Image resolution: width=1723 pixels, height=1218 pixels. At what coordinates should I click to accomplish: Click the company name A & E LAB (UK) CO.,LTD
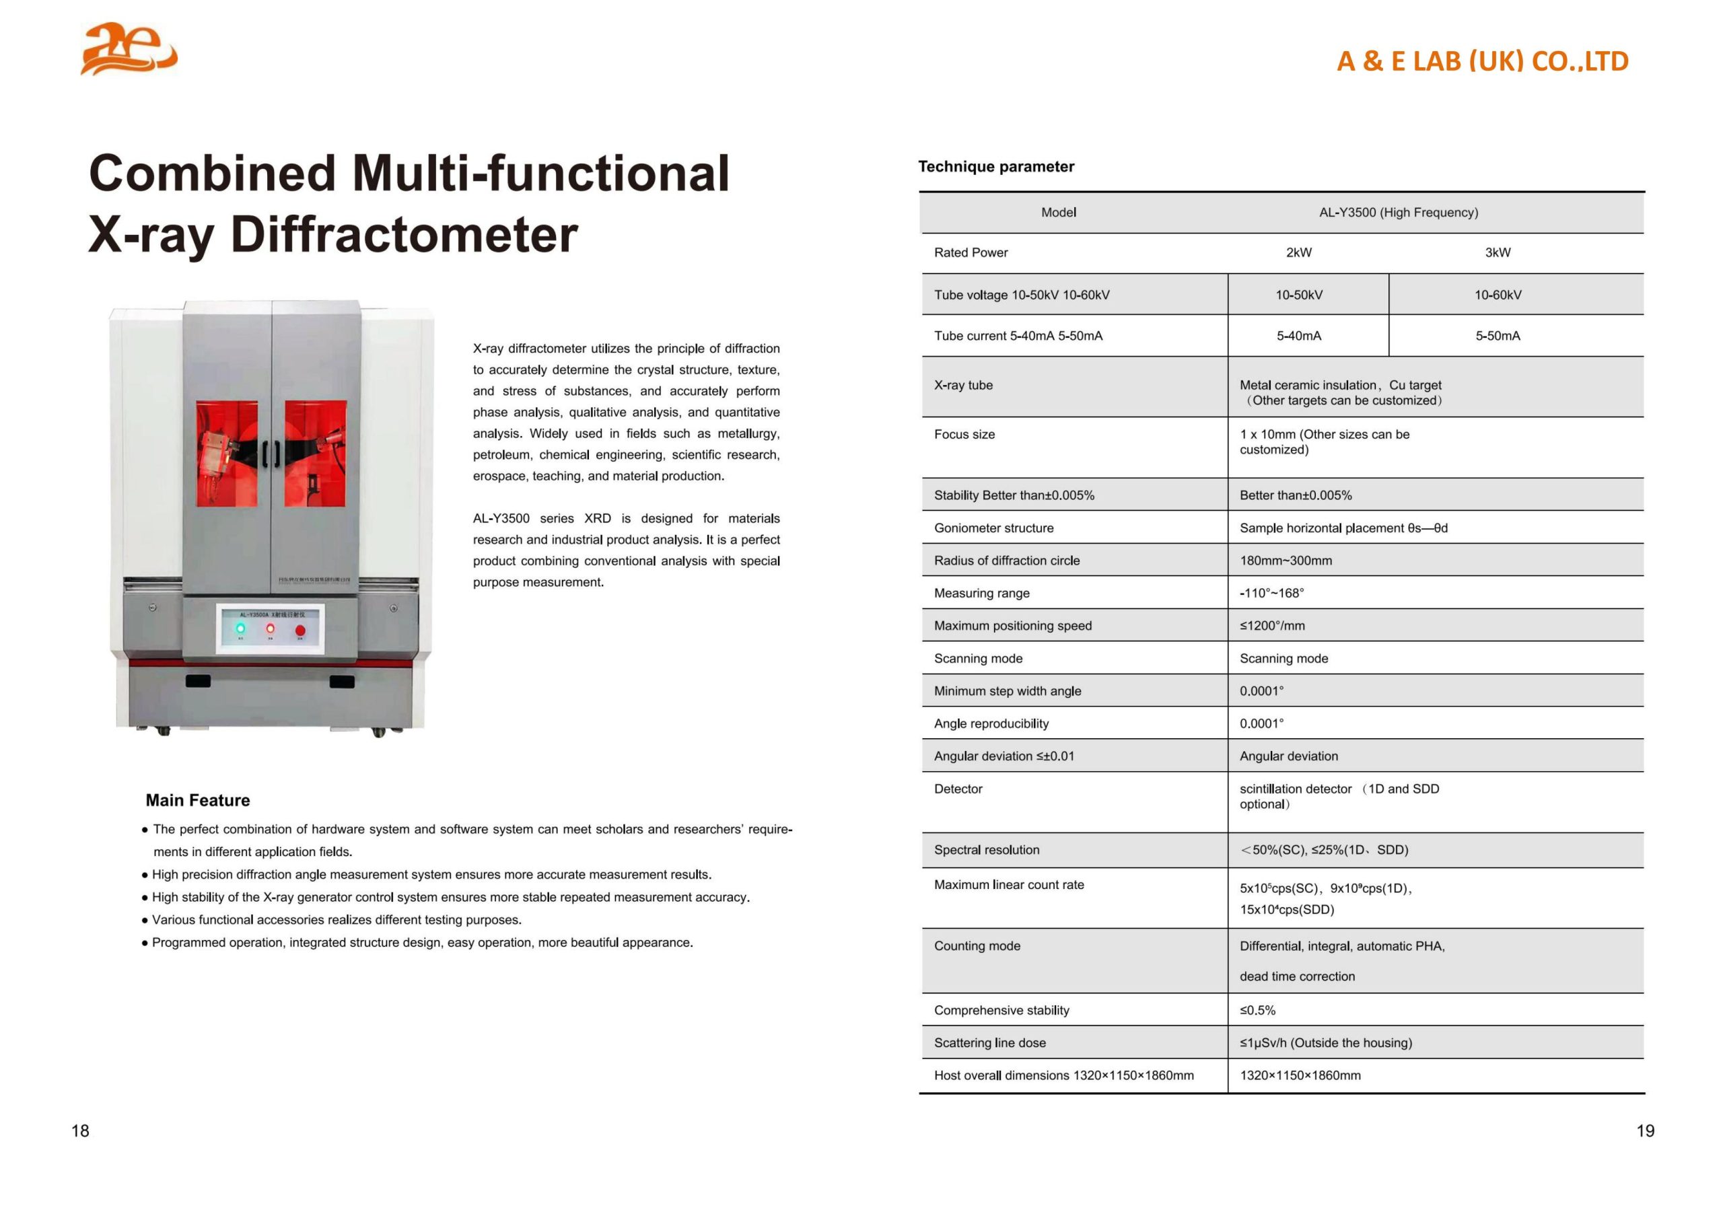tap(1482, 61)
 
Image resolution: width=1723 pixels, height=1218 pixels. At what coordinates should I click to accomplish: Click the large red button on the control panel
tap(300, 631)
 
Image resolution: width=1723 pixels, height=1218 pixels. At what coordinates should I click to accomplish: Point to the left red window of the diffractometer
tap(227, 454)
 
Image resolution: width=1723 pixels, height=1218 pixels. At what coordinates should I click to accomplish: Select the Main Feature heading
tap(197, 800)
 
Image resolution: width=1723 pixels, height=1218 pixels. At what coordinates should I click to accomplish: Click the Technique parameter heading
tap(996, 167)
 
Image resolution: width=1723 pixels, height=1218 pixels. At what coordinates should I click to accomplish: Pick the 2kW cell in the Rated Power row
tap(1298, 253)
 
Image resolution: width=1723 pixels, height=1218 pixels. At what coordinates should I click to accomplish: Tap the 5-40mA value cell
tap(1298, 336)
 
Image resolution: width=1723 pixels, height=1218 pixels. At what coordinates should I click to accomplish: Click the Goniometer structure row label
tap(993, 528)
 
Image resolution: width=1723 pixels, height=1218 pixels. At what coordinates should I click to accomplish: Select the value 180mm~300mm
tap(1286, 561)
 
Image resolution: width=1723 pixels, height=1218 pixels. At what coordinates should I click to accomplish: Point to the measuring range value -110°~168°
tap(1271, 593)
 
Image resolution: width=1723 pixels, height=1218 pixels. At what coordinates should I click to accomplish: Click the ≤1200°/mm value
tap(1272, 626)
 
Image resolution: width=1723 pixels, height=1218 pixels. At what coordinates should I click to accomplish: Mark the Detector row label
tap(958, 789)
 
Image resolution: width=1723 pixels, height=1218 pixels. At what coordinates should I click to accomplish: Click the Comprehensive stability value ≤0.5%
tap(1257, 1010)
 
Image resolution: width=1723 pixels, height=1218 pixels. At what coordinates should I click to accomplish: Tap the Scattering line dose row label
tap(989, 1043)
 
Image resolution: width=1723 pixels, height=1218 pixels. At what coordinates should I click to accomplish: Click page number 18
tap(80, 1131)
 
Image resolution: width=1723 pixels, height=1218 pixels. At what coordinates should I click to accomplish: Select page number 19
tap(1645, 1131)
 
